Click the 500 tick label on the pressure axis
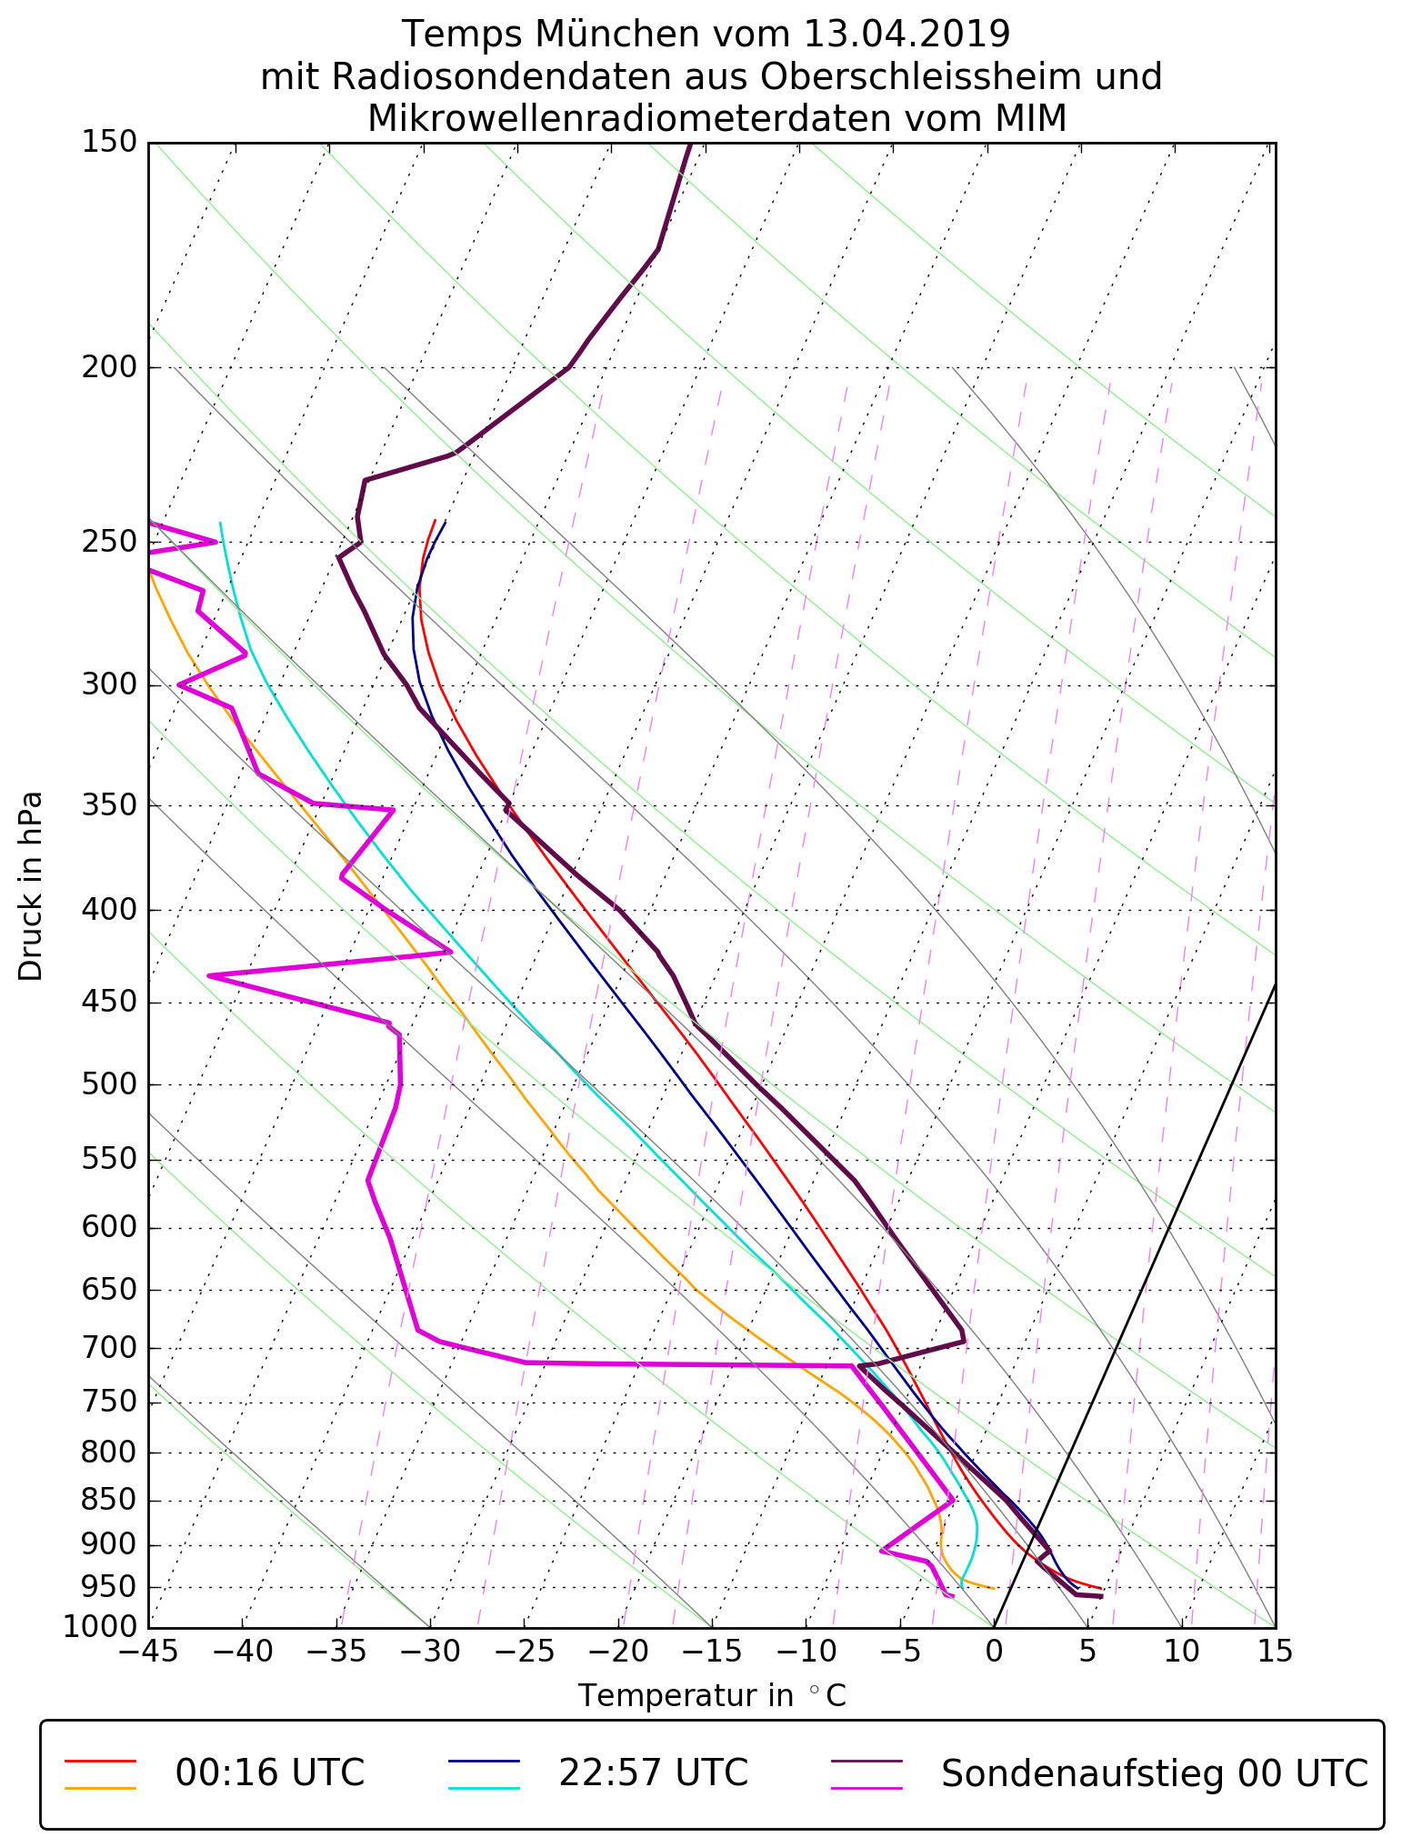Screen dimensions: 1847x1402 point(108,1085)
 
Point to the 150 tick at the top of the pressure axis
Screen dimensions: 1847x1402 point(108,143)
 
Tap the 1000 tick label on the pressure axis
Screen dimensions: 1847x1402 point(100,1626)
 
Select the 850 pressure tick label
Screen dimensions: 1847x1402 point(108,1501)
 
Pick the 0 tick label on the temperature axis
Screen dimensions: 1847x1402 point(994,1651)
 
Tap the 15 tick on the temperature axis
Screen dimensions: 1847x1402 point(1275,1651)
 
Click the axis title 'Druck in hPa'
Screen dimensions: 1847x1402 point(31,886)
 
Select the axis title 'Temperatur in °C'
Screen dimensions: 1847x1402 point(712,1696)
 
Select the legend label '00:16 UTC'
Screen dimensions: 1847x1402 point(270,1773)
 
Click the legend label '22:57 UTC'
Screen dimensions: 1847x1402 point(653,1773)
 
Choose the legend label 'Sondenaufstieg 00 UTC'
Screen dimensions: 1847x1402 point(1154,1773)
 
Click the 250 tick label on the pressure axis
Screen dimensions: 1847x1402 point(108,543)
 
